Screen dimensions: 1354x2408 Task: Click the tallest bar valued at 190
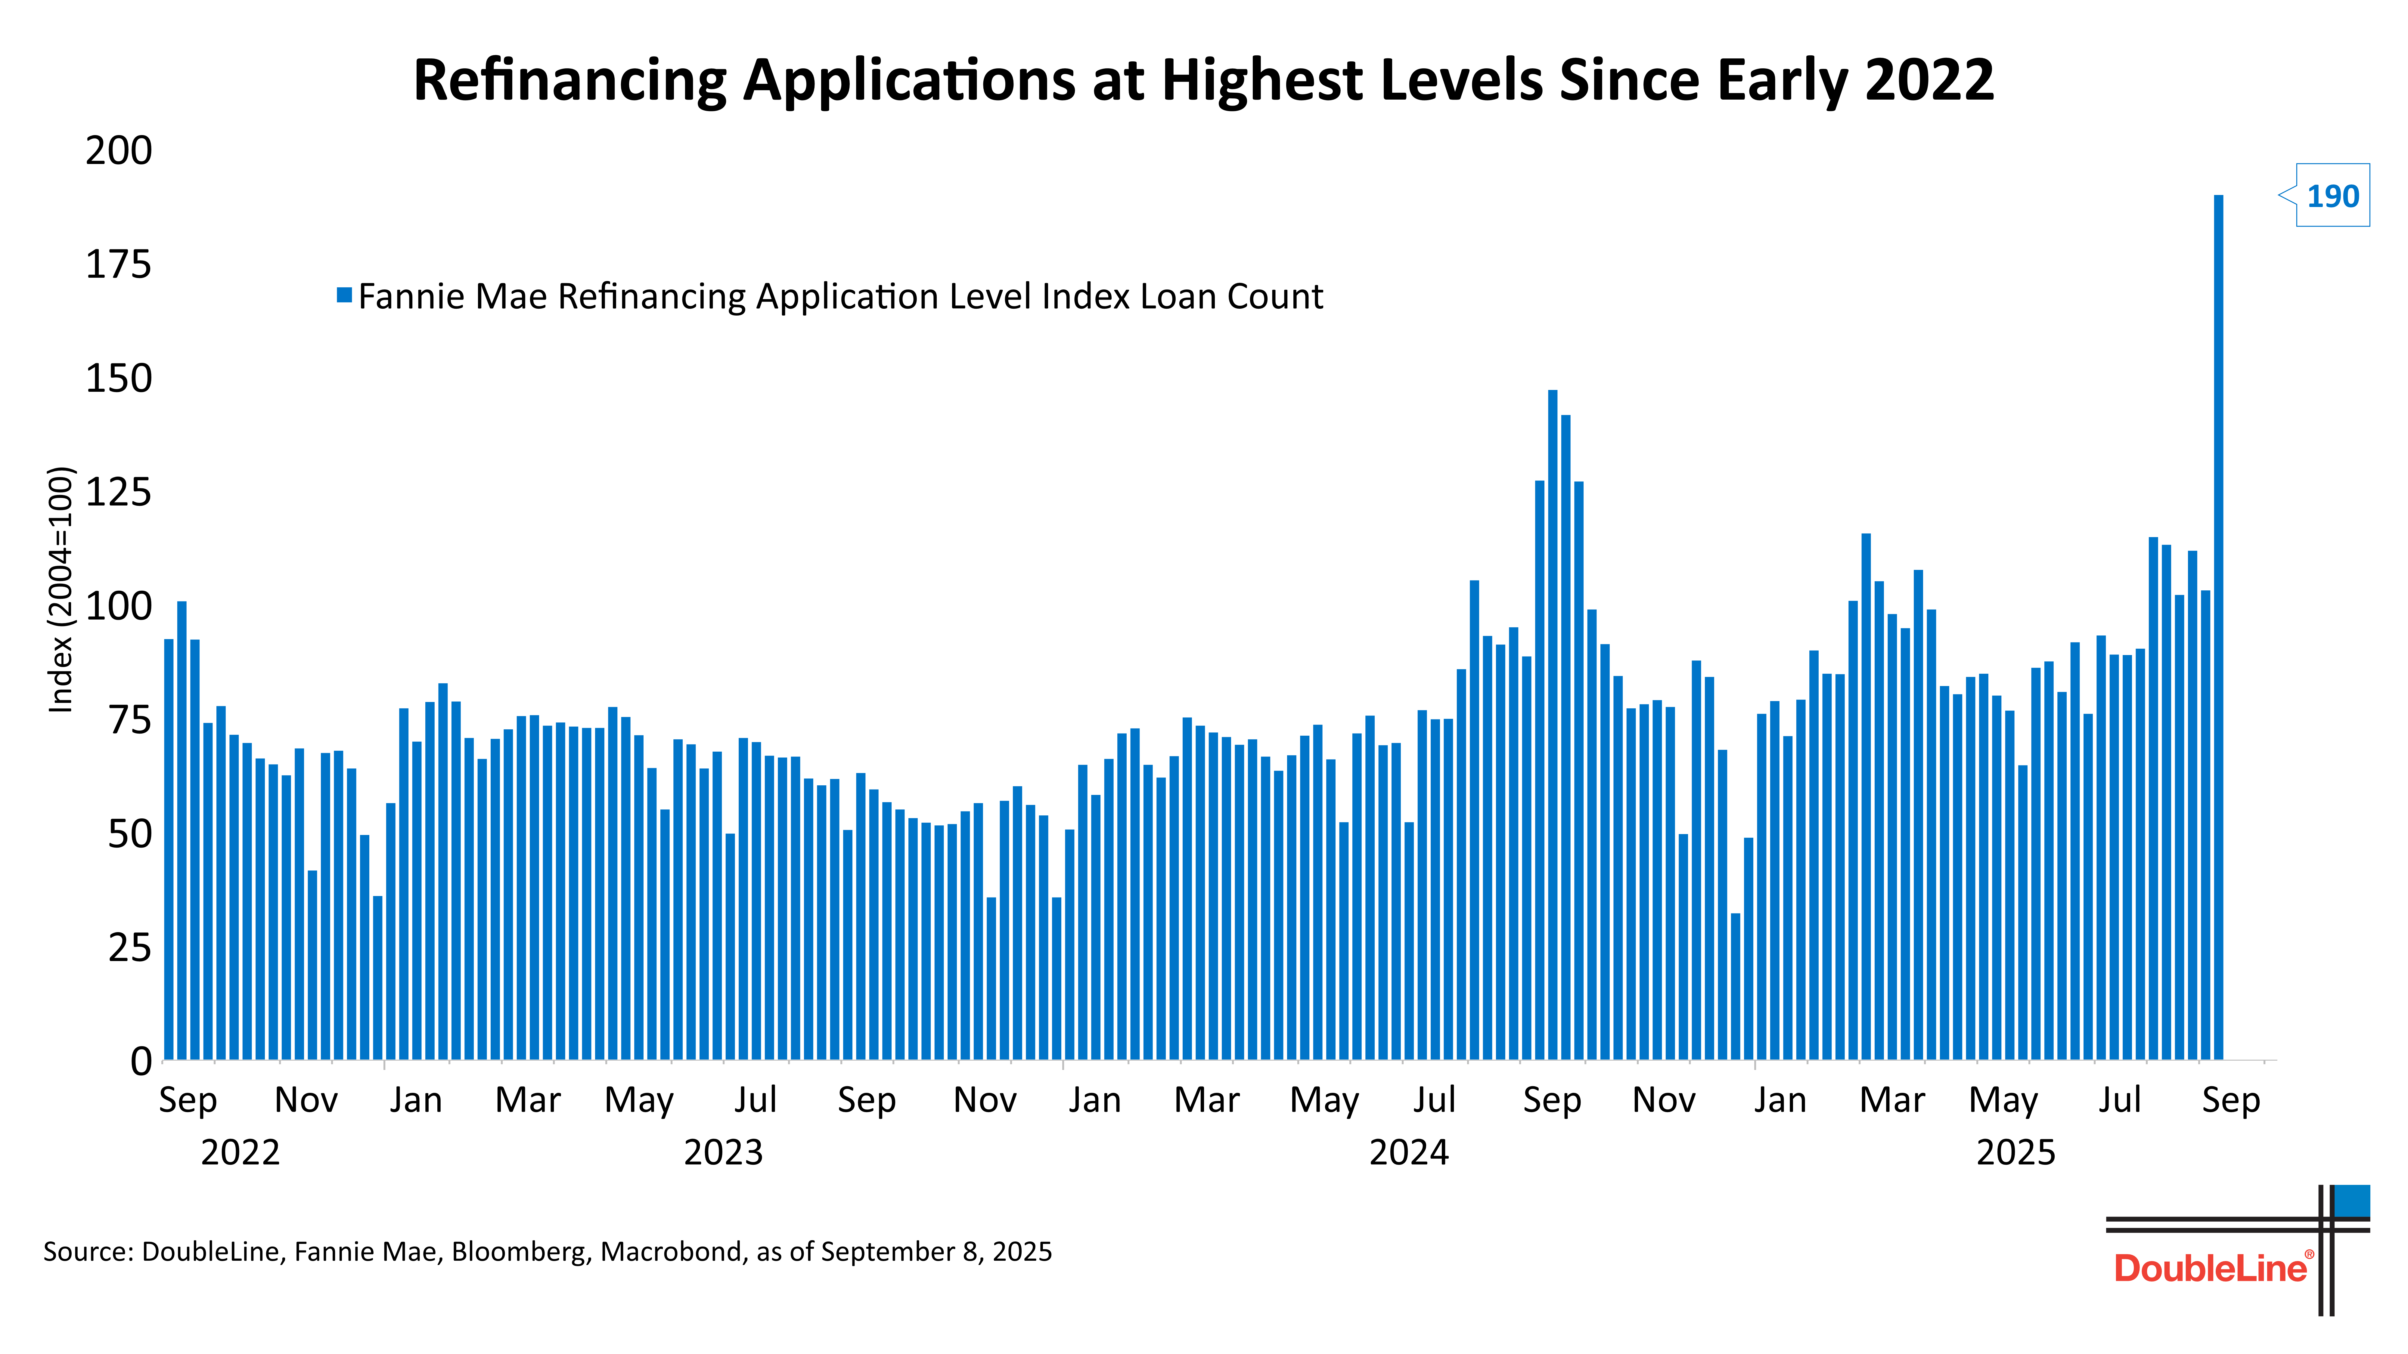click(2218, 626)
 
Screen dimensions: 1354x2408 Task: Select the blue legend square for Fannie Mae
click(344, 295)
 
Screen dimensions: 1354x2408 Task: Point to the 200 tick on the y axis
click(119, 150)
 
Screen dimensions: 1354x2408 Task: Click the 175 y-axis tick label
click(119, 264)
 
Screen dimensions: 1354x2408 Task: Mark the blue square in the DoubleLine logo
click(2352, 1201)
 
